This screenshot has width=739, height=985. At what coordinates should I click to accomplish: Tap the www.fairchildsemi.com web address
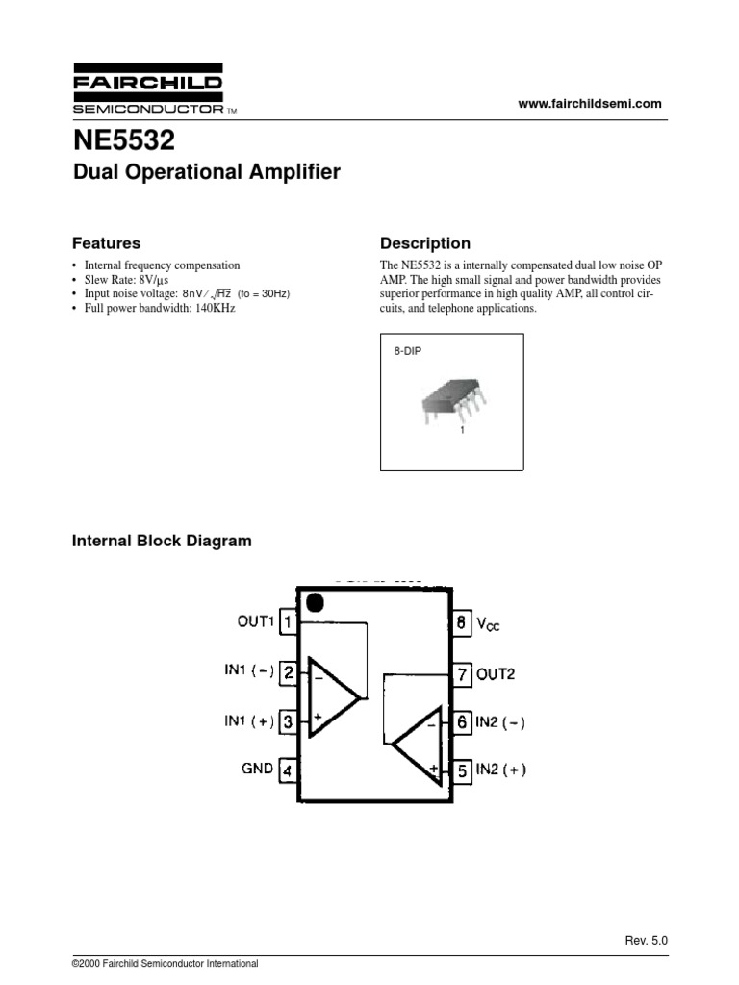[x=590, y=104]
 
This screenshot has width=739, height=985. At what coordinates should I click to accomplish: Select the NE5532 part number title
[x=125, y=141]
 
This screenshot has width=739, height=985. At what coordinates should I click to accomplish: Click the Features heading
[x=107, y=243]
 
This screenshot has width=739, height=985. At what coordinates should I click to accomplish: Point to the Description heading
[x=425, y=243]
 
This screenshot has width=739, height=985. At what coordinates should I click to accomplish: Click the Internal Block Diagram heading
[x=163, y=541]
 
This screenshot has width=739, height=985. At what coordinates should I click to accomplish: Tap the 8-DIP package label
[x=407, y=353]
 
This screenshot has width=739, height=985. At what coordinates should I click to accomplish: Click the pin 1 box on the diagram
[x=288, y=623]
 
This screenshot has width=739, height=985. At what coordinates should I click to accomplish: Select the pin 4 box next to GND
[x=288, y=770]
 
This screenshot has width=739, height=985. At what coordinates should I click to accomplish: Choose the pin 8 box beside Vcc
[x=462, y=623]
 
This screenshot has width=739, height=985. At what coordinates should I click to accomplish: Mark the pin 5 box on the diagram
[x=462, y=770]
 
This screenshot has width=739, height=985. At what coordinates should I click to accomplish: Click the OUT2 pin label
[x=496, y=673]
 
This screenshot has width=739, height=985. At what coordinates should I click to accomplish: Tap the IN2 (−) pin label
[x=501, y=721]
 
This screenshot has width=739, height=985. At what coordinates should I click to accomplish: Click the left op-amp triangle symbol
[x=330, y=696]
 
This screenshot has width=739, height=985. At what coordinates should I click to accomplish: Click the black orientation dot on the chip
[x=313, y=603]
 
